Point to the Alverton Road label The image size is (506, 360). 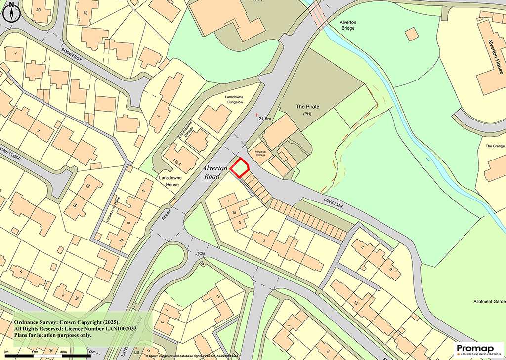pyautogui.click(x=216, y=172)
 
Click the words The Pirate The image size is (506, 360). pyautogui.click(x=309, y=107)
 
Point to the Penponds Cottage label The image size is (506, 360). pyautogui.click(x=260, y=153)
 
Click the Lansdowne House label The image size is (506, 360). pyautogui.click(x=169, y=181)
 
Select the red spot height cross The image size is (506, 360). pyautogui.click(x=256, y=115)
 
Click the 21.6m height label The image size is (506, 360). pyautogui.click(x=265, y=119)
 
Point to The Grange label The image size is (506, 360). pyautogui.click(x=494, y=146)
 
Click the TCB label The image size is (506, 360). pyautogui.click(x=201, y=254)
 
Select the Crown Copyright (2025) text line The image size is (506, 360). pyautogui.click(x=67, y=322)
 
